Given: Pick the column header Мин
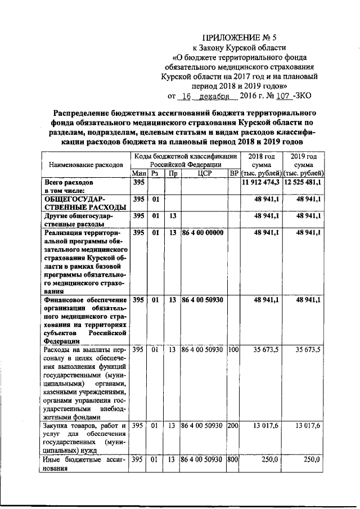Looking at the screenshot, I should coord(138,174).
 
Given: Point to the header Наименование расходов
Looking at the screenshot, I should coord(86,165).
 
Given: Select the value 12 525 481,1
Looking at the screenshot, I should coord(304,183).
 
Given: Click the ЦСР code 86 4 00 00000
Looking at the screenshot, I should coord(202,232).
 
